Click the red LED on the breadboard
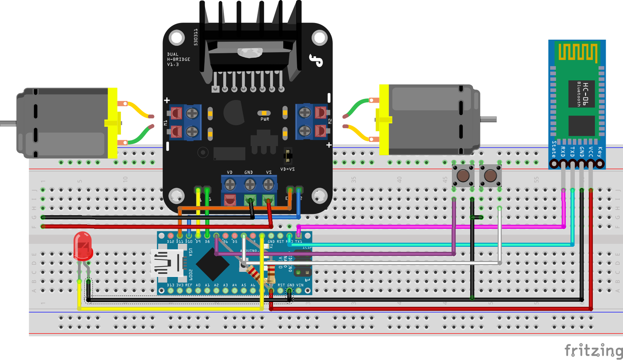pos(83,246)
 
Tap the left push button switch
pos(463,176)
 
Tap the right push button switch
pos(490,176)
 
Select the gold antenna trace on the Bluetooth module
pos(578,52)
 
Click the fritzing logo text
pos(593,351)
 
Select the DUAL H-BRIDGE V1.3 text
pos(178,59)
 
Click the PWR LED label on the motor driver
pos(265,119)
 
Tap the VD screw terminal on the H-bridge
pos(230,184)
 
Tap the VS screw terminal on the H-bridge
pos(268,184)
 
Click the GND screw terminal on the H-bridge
pos(249,184)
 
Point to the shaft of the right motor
pos(488,120)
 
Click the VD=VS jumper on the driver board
pos(288,156)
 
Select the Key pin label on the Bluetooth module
pos(600,152)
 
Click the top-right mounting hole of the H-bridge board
pos(319,38)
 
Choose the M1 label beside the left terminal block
pos(166,123)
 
